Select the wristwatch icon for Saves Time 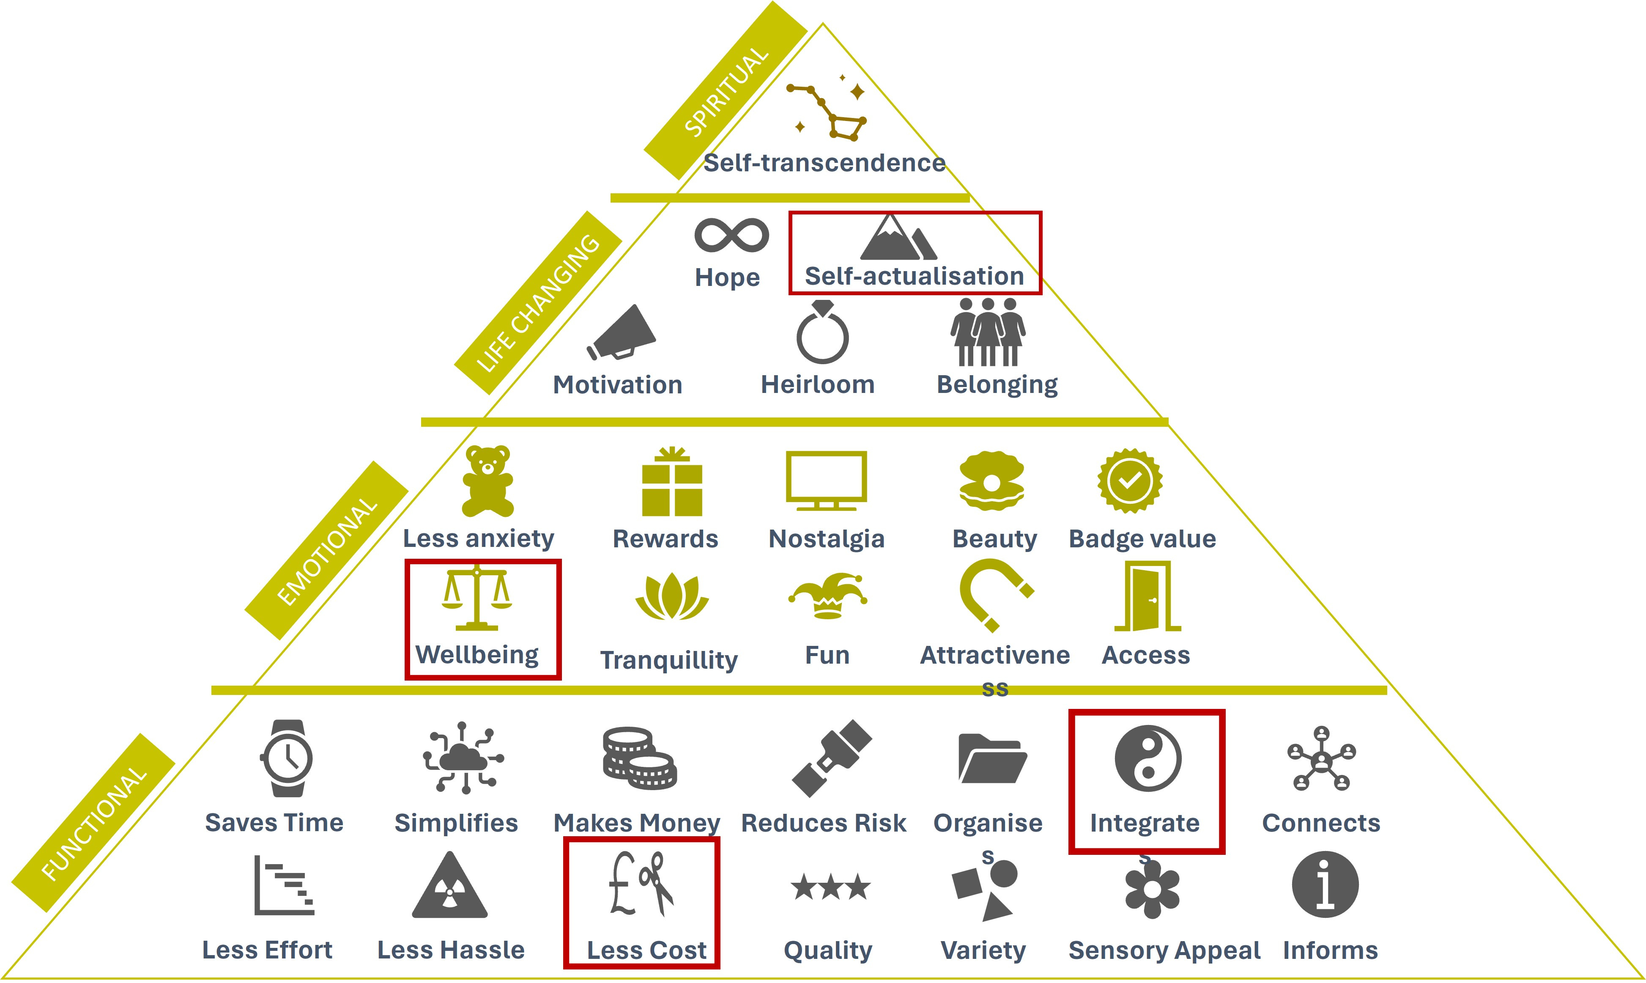[287, 758]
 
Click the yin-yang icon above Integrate [1148, 758]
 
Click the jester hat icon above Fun [827, 595]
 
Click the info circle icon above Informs [1325, 884]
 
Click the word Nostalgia [826, 538]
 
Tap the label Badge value [1142, 538]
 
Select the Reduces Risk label [823, 823]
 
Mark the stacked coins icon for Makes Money [639, 758]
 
